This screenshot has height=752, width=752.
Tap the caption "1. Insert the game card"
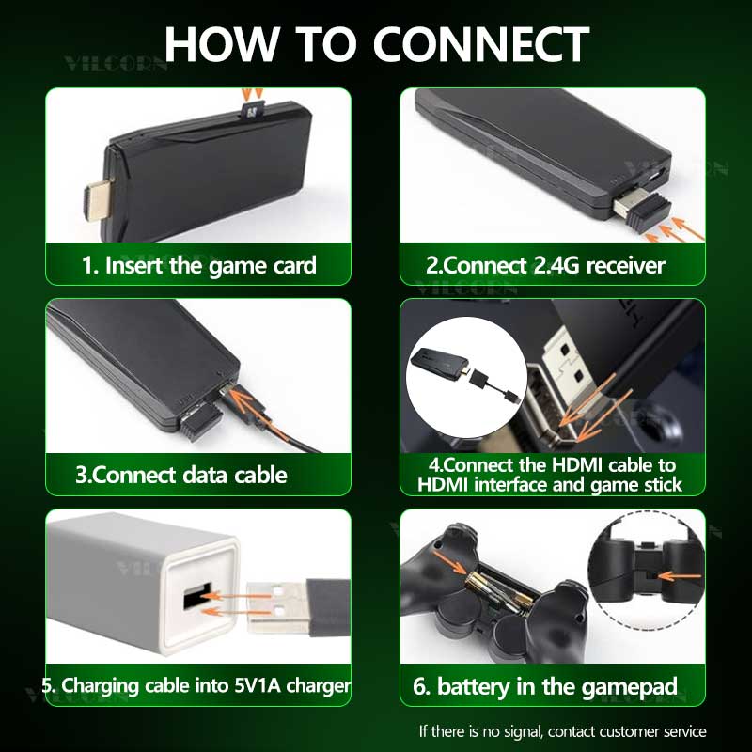pyautogui.click(x=198, y=265)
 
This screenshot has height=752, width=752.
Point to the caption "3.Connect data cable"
pyautogui.click(x=181, y=475)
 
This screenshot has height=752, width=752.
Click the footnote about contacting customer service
pyautogui.click(x=562, y=730)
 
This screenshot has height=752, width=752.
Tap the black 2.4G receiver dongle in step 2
pyautogui.click(x=642, y=211)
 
